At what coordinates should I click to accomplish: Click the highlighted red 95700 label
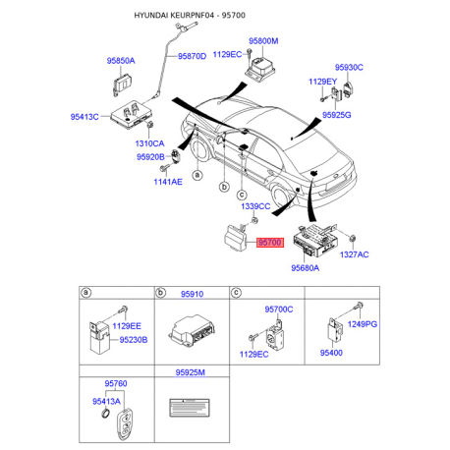tap(269, 243)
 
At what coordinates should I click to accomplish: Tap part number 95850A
tap(121, 61)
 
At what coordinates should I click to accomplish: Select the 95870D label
tap(192, 57)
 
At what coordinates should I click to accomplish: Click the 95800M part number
tap(263, 41)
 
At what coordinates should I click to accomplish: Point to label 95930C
tap(349, 68)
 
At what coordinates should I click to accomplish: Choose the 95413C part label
tap(84, 117)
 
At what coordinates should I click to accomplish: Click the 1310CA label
tap(149, 143)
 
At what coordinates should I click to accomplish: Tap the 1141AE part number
tap(168, 182)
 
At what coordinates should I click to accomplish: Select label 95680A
tap(306, 268)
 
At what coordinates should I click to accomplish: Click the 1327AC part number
tap(355, 254)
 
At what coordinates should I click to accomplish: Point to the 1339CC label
tap(255, 206)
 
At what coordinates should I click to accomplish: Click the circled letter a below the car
tap(197, 175)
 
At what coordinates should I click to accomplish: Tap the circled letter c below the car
tap(242, 196)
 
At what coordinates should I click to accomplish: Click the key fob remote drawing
tap(126, 422)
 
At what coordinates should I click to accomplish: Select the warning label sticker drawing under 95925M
tap(190, 408)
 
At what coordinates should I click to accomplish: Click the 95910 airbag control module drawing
tap(192, 330)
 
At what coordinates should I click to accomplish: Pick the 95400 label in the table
tap(331, 353)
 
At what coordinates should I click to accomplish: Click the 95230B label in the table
tap(134, 340)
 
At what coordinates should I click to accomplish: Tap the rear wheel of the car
tap(282, 198)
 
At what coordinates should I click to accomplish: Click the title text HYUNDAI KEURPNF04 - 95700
tap(190, 16)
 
